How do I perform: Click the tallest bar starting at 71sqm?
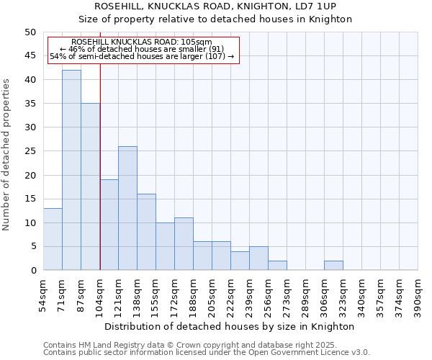coord(71,170)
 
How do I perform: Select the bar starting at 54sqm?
coord(53,239)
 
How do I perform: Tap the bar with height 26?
coord(127,208)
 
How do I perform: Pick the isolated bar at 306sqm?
coord(333,266)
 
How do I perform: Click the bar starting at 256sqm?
coord(277,266)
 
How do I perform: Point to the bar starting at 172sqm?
coord(184,244)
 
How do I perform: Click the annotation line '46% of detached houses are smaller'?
coord(142,49)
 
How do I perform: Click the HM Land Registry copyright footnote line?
coord(199,345)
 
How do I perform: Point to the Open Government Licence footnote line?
coord(207,353)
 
